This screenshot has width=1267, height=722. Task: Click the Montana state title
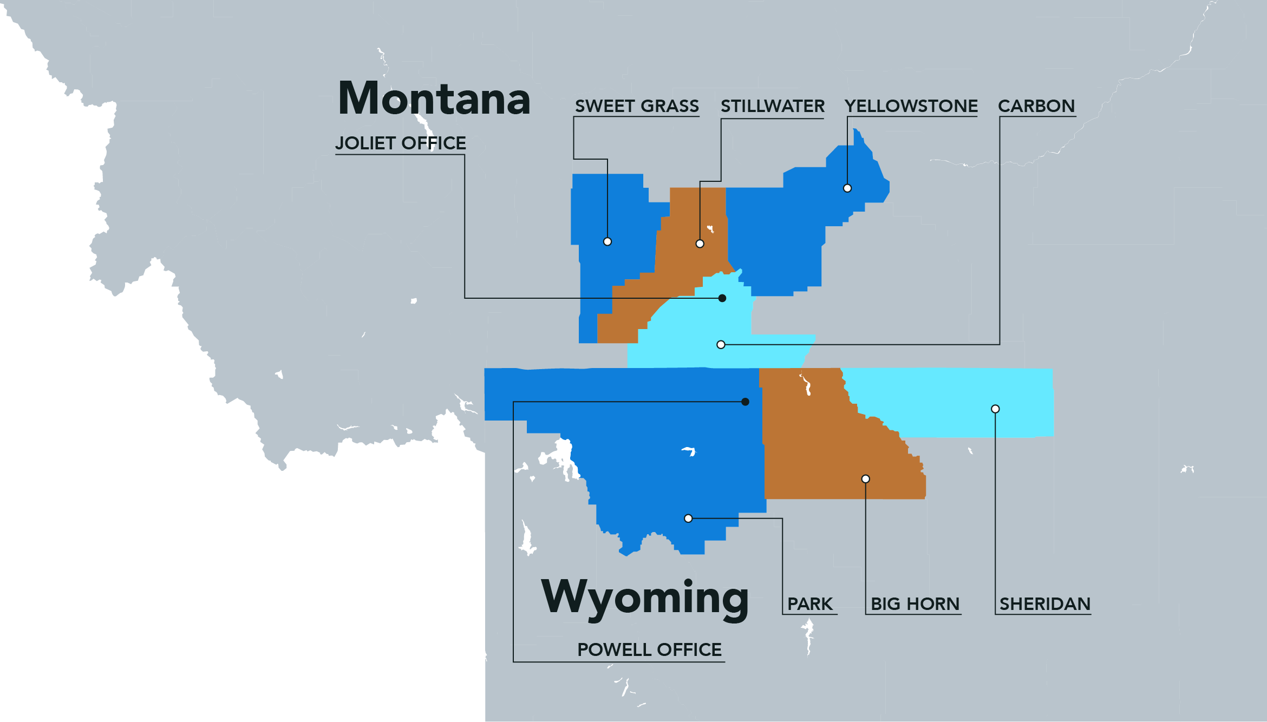[x=434, y=98]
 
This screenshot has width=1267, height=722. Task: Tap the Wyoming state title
[x=644, y=598]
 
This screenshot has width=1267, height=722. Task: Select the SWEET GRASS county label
[x=637, y=106]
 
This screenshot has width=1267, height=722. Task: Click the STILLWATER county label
[x=772, y=106]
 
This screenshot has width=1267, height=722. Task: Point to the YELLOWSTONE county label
[x=911, y=106]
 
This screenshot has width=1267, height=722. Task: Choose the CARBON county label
[x=1036, y=106]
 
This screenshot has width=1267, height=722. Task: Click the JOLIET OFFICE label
[x=400, y=143]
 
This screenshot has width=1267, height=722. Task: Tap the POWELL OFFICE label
[x=649, y=649]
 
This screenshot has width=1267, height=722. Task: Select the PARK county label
[x=809, y=604]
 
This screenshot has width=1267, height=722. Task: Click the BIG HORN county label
[x=915, y=604]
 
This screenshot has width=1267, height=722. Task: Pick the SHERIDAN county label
[x=1044, y=604]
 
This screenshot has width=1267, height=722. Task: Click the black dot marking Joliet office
[x=722, y=298]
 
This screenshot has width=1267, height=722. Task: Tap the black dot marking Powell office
[x=746, y=402]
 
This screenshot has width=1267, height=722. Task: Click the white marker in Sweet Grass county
[x=608, y=242]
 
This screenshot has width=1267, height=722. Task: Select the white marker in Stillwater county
[x=700, y=244]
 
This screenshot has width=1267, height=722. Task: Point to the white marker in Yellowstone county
[x=847, y=188]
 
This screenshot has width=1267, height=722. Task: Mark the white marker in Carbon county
[x=721, y=345]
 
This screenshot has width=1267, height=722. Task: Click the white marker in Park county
[x=688, y=518]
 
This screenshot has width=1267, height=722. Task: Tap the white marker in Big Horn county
[x=866, y=479]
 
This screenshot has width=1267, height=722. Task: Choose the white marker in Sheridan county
[x=995, y=409]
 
